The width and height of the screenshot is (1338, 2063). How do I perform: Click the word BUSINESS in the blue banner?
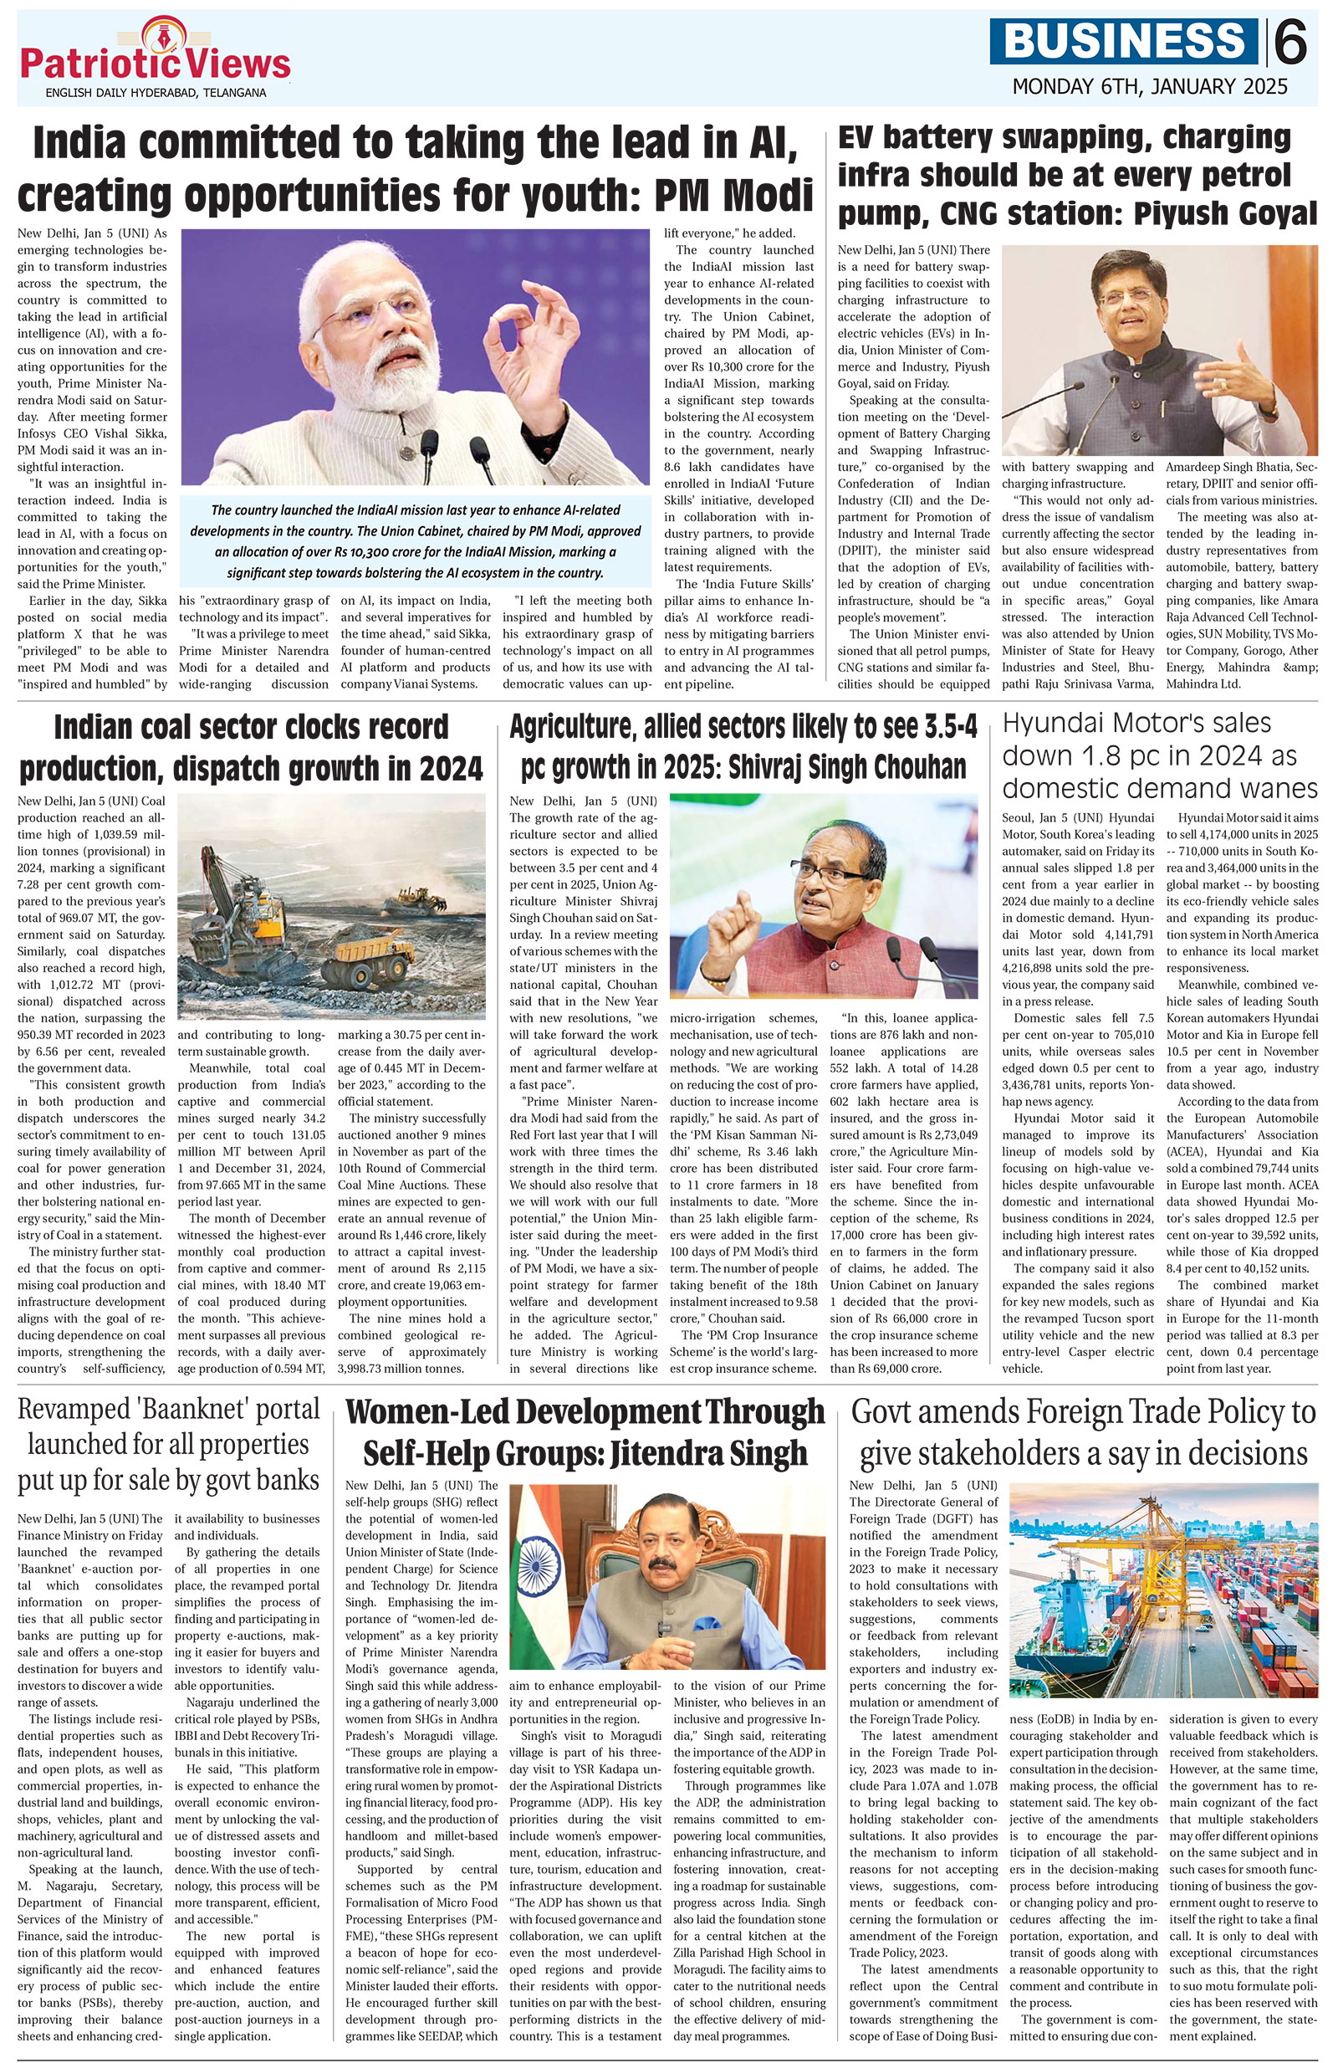tap(1126, 43)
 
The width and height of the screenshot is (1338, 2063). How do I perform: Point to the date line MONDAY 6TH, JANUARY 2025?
tap(1150, 88)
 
